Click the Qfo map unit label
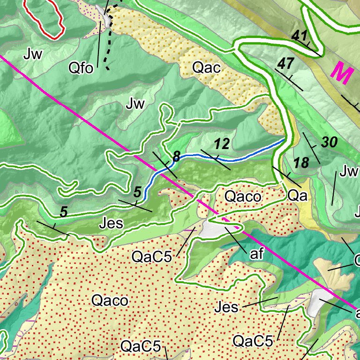coord(82,68)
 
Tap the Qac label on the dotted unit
coord(206,68)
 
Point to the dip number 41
coord(299,35)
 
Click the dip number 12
coord(222,144)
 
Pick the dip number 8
coord(177,157)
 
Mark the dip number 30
coord(330,142)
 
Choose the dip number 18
coord(301,163)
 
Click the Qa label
coord(297,196)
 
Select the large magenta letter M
coord(341,73)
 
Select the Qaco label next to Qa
coord(242,196)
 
